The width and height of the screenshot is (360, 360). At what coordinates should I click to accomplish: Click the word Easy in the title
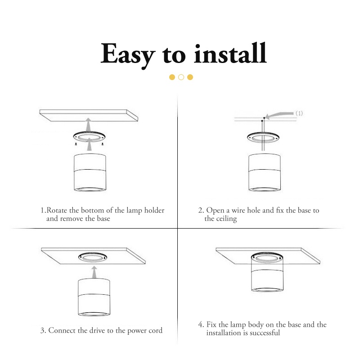pyautogui.click(x=128, y=55)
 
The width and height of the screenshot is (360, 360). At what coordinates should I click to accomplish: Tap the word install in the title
pyautogui.click(x=230, y=53)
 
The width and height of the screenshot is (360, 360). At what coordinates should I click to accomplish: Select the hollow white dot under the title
pyautogui.click(x=181, y=77)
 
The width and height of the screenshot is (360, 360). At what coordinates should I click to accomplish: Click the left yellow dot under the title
pyautogui.click(x=172, y=77)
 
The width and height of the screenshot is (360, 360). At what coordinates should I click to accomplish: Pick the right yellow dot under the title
pyautogui.click(x=190, y=77)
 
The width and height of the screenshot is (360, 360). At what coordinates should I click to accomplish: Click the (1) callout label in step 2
pyautogui.click(x=299, y=113)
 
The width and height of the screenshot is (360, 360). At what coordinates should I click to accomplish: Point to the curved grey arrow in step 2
pyautogui.click(x=279, y=115)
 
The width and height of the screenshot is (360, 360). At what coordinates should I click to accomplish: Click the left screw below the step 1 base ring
pyautogui.click(x=76, y=144)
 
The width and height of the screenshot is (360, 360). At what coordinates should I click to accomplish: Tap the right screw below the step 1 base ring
pyautogui.click(x=103, y=144)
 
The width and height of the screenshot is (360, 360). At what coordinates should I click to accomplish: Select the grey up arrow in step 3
pyautogui.click(x=94, y=272)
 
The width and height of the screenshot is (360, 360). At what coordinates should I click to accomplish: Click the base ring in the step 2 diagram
pyautogui.click(x=263, y=138)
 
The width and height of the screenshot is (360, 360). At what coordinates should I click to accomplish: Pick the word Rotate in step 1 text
pyautogui.click(x=57, y=210)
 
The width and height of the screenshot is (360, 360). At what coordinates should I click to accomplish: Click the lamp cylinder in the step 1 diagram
pyautogui.click(x=90, y=172)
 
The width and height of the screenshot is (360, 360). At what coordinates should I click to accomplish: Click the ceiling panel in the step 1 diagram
pyautogui.click(x=89, y=115)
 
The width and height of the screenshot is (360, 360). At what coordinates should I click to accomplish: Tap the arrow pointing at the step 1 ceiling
pyautogui.click(x=88, y=125)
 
